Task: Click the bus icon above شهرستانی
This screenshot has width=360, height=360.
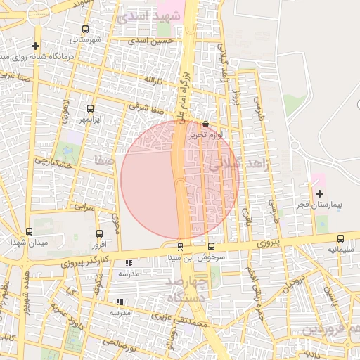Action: [x=86, y=30]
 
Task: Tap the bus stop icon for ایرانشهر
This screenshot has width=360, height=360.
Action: [x=90, y=108]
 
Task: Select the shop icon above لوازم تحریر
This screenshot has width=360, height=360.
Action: [x=205, y=123]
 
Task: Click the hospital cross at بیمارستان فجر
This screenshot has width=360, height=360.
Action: [x=320, y=192]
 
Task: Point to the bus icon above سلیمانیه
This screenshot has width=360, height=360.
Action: [x=341, y=239]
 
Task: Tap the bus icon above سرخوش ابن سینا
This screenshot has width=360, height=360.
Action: [x=212, y=246]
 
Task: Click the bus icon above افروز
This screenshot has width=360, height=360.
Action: [x=98, y=233]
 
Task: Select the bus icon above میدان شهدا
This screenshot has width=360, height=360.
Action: [x=29, y=231]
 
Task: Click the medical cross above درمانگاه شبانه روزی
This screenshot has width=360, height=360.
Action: [x=35, y=46]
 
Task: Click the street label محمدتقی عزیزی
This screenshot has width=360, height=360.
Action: [x=200, y=324]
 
